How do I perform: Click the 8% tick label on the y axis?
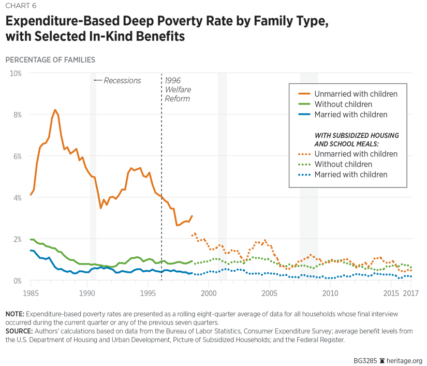click(16, 114)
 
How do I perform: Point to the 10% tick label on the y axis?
click(14, 73)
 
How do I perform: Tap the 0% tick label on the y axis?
click(16, 281)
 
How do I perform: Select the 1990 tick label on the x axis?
click(87, 293)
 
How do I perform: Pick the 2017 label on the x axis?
click(410, 293)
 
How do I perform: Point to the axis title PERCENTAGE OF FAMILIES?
click(50, 60)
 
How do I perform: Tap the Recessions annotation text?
click(122, 80)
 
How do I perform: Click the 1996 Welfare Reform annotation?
click(178, 90)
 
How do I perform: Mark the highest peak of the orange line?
click(55, 110)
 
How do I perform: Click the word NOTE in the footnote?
click(14, 314)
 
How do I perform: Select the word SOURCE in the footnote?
click(19, 331)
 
